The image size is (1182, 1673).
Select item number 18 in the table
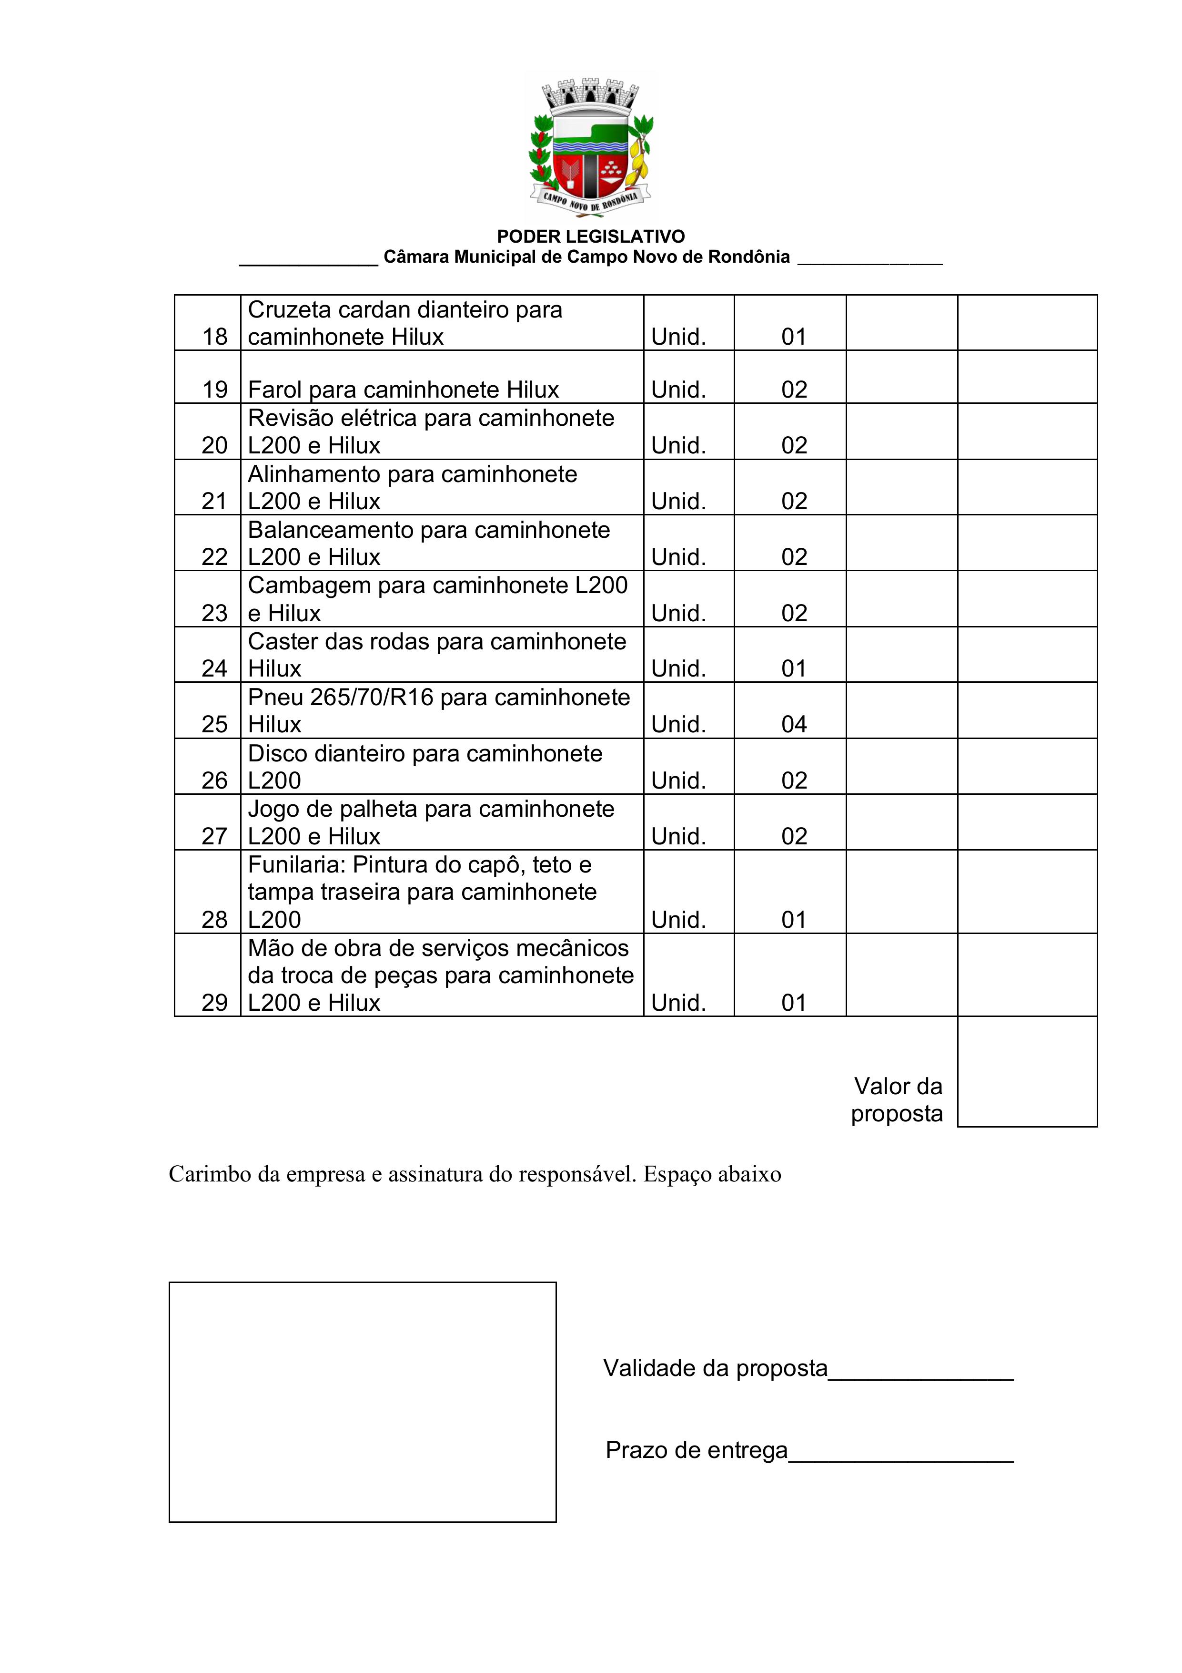(215, 337)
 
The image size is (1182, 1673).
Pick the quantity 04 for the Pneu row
(794, 724)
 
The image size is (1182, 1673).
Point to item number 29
(215, 1003)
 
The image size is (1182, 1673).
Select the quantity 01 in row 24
(794, 668)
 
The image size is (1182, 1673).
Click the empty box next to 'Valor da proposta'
(1027, 1072)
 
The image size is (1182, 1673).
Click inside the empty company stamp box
(363, 1402)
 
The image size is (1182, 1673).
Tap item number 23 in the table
(215, 613)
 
